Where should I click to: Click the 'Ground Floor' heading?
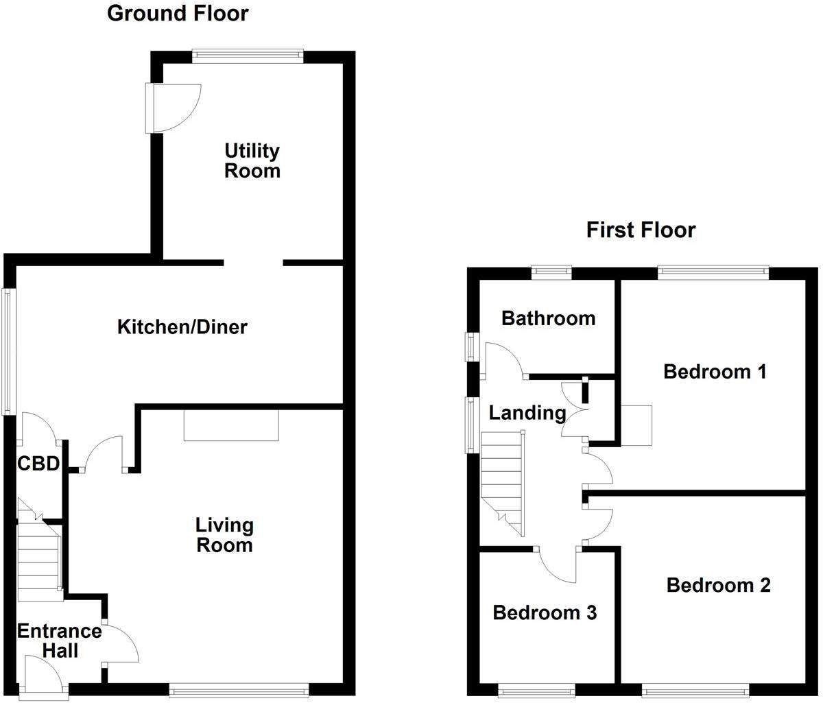click(x=178, y=13)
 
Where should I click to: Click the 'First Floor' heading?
click(x=641, y=230)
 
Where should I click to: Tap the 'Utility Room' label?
click(x=252, y=160)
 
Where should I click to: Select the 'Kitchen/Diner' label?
click(x=182, y=327)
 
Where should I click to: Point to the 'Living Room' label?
click(x=224, y=535)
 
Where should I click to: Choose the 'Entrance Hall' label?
click(x=59, y=641)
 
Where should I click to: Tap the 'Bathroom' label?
click(x=548, y=318)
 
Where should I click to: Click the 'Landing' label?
click(x=527, y=413)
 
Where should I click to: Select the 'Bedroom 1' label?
click(x=715, y=372)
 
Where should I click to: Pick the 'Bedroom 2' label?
click(x=718, y=585)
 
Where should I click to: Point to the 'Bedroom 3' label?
click(x=545, y=612)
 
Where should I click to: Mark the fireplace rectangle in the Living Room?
click(x=231, y=425)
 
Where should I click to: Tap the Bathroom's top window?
click(x=552, y=272)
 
